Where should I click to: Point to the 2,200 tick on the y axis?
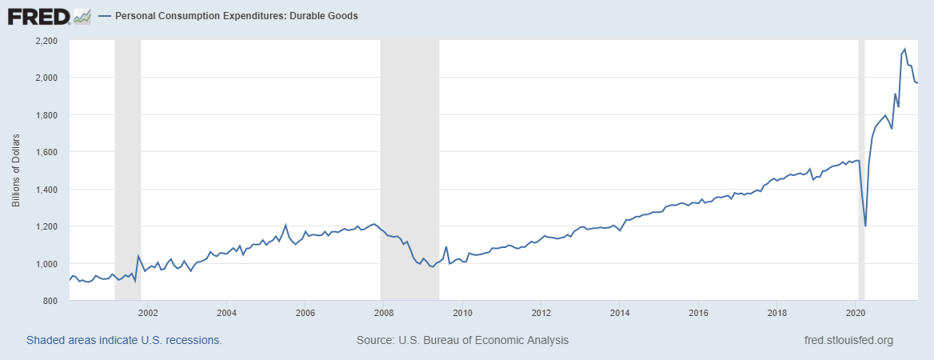pyautogui.click(x=46, y=40)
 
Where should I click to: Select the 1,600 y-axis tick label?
pyautogui.click(x=46, y=152)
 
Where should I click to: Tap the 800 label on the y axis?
pyautogui.click(x=50, y=301)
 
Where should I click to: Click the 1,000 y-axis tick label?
pyautogui.click(x=46, y=264)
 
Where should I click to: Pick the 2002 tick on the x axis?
pyautogui.click(x=148, y=312)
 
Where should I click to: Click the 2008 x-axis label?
pyautogui.click(x=384, y=312)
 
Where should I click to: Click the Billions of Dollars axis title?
pyautogui.click(x=16, y=170)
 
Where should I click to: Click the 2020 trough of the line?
pyautogui.click(x=865, y=226)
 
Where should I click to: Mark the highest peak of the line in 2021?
pyautogui.click(x=904, y=50)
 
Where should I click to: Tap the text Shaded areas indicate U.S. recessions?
pyautogui.click(x=124, y=340)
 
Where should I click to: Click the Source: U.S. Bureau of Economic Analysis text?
pyautogui.click(x=462, y=340)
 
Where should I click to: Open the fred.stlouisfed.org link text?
pyautogui.click(x=848, y=340)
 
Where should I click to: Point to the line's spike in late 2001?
pyautogui.click(x=138, y=256)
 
